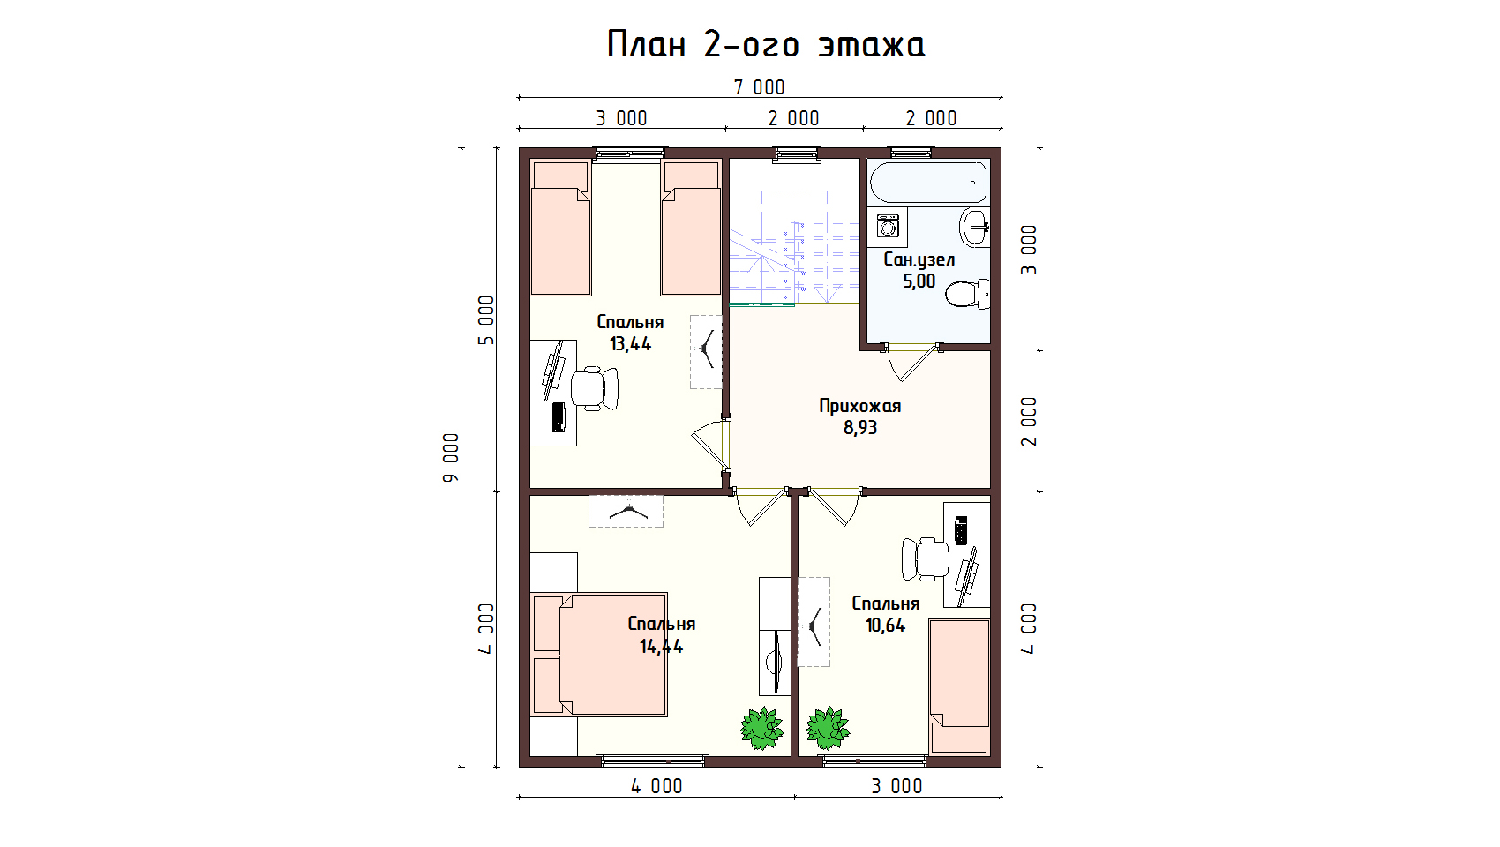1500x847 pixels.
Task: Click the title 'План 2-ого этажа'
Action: click(x=766, y=45)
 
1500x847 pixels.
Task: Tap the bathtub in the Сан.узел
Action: click(x=928, y=182)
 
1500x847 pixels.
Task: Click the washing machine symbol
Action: click(x=888, y=227)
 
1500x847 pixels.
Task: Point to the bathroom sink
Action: click(x=974, y=228)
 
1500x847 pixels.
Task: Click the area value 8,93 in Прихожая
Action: click(x=859, y=427)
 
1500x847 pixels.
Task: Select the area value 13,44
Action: click(x=630, y=344)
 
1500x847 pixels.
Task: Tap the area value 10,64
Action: click(x=885, y=626)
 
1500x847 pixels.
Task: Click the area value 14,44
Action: click(x=661, y=647)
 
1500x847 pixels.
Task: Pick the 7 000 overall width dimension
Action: click(x=760, y=87)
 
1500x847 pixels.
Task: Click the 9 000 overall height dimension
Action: click(x=452, y=457)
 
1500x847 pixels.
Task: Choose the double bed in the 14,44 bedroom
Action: click(x=599, y=654)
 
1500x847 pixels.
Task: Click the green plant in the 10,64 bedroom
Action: click(x=828, y=728)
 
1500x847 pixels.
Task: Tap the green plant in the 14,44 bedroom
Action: click(x=762, y=728)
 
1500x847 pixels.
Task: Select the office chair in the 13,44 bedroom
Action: click(x=595, y=387)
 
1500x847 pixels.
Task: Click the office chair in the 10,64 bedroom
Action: click(x=925, y=558)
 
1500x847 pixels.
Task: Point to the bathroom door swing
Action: click(x=911, y=363)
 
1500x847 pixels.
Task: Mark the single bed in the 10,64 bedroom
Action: click(x=960, y=686)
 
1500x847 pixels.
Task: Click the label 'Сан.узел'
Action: click(x=919, y=259)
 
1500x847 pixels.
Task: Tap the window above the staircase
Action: click(x=797, y=154)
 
